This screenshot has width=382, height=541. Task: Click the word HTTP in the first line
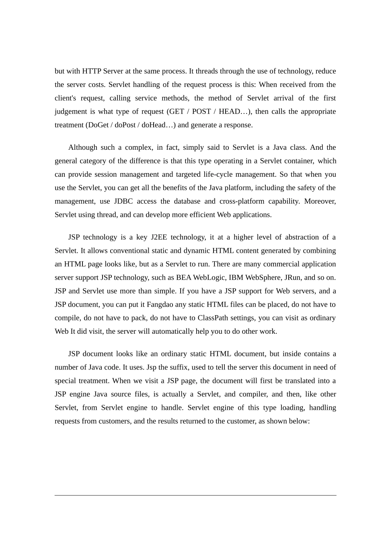point(92,71)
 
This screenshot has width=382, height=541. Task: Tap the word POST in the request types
point(201,112)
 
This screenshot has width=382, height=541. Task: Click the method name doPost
point(125,125)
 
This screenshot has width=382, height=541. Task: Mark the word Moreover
point(320,201)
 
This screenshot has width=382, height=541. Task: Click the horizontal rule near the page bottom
point(195,496)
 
